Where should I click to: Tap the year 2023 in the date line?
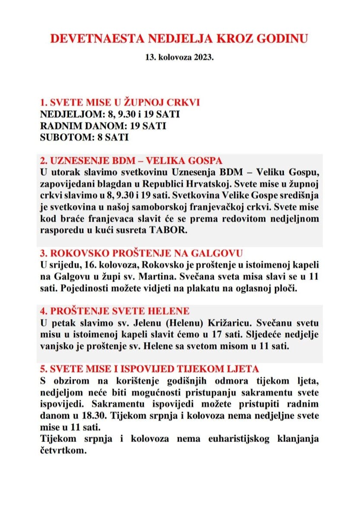tap(205, 57)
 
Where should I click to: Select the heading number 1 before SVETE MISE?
tap(43, 103)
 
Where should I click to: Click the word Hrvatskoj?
tap(253, 184)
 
